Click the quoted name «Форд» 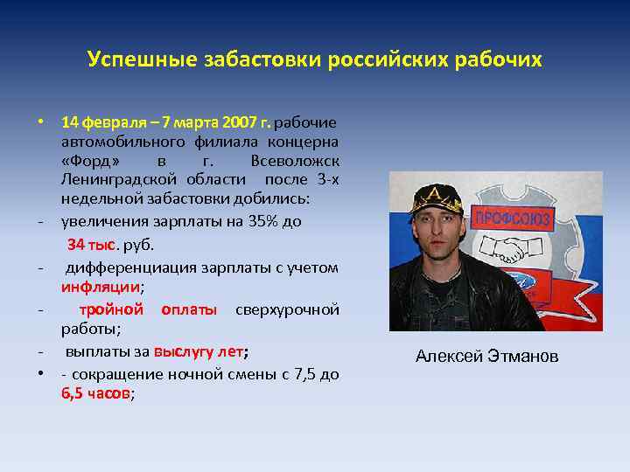point(97,161)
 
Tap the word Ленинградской point(116,181)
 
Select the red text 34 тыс point(92,243)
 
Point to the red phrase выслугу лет point(199,352)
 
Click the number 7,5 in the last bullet point(305,374)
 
